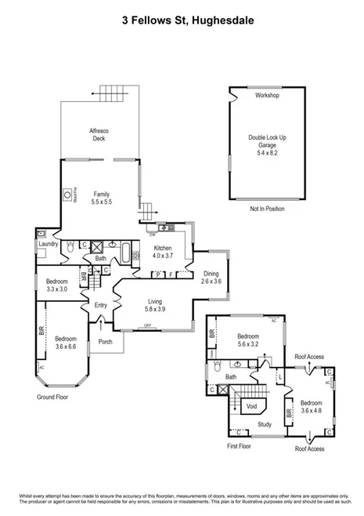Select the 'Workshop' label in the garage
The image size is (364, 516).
pos(267,95)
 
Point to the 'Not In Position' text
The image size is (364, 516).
pos(267,209)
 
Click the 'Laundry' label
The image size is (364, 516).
pos(49,245)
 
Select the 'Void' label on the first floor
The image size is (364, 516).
pos(251,406)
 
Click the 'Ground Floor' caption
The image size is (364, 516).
pos(56,398)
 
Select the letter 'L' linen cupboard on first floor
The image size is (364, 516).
pos(279,378)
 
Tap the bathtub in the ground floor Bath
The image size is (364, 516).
pos(127,250)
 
